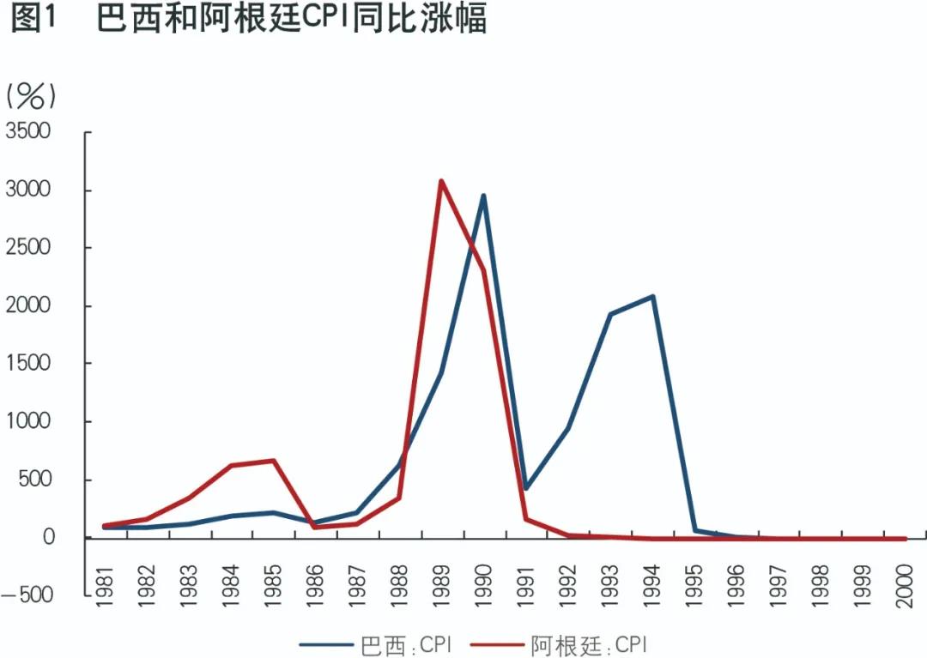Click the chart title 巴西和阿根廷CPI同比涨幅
(x=292, y=19)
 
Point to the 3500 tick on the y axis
(x=28, y=132)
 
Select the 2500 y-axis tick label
(x=28, y=248)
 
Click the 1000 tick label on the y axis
(x=28, y=422)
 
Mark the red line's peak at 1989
(x=441, y=181)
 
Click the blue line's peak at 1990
(x=484, y=196)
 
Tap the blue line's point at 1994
(x=653, y=297)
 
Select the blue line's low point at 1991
(x=526, y=488)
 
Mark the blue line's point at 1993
(x=610, y=314)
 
